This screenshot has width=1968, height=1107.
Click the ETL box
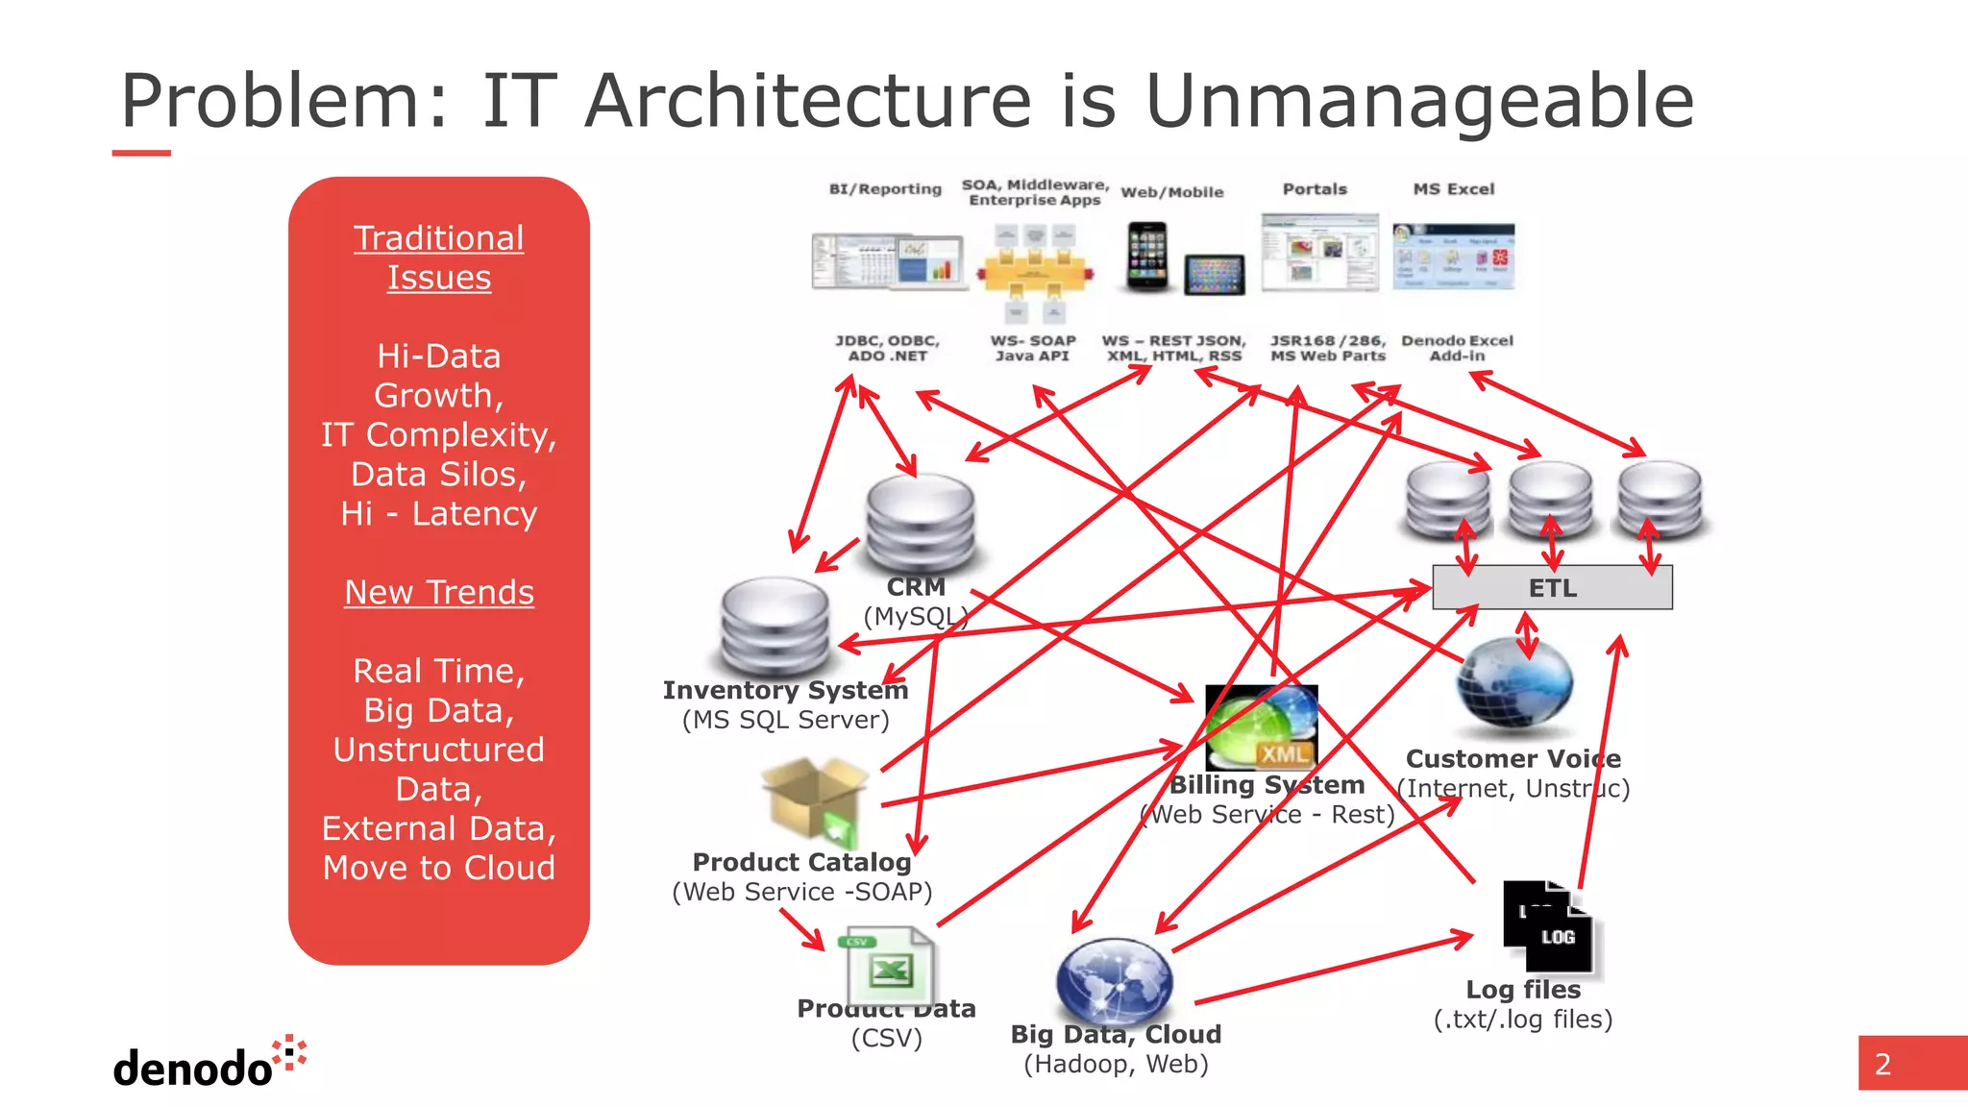point(1551,587)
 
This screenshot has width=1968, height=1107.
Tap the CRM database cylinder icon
point(920,524)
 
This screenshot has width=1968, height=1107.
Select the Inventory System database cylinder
point(775,627)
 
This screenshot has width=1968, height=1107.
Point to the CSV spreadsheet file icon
point(889,965)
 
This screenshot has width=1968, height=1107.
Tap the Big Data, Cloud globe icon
point(1114,982)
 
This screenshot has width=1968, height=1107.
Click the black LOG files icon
point(1548,926)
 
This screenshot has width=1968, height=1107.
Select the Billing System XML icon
point(1260,726)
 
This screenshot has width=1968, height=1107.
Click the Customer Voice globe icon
point(1514,684)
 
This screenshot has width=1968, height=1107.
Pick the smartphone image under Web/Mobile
point(1146,256)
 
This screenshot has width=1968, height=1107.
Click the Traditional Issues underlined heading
point(439,258)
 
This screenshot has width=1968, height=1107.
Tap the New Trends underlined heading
point(439,592)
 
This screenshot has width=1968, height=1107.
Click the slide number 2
point(1882,1064)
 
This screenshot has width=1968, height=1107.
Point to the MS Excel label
point(1453,189)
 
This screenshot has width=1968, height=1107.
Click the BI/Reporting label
point(885,189)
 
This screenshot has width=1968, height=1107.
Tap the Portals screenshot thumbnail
point(1319,252)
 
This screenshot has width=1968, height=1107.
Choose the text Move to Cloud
point(439,868)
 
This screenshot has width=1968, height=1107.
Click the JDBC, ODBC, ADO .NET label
point(886,348)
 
